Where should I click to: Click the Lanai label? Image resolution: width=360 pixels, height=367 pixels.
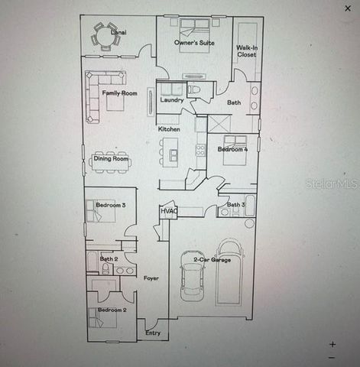click(x=118, y=33)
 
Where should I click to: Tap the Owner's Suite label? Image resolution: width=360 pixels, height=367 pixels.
click(x=193, y=43)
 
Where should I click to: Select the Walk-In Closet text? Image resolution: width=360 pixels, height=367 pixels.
click(x=246, y=51)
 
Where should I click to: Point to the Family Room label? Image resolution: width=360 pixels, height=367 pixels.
click(x=120, y=93)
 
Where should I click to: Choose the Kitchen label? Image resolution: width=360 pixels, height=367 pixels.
click(x=169, y=129)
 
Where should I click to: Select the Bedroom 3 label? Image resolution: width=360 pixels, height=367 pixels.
click(x=111, y=205)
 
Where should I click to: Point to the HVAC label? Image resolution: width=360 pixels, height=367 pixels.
click(x=169, y=211)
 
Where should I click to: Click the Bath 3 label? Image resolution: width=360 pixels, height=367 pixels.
click(x=235, y=205)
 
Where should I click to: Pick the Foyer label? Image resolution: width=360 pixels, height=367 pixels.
click(x=151, y=278)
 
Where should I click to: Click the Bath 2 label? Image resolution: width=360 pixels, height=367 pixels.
click(x=109, y=259)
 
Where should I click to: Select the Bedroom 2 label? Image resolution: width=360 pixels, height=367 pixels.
click(x=111, y=310)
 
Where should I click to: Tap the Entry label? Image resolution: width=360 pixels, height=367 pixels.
click(x=153, y=333)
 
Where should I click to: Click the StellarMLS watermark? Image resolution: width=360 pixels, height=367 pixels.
click(x=331, y=184)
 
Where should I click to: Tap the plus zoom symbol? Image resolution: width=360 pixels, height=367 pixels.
click(x=332, y=344)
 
